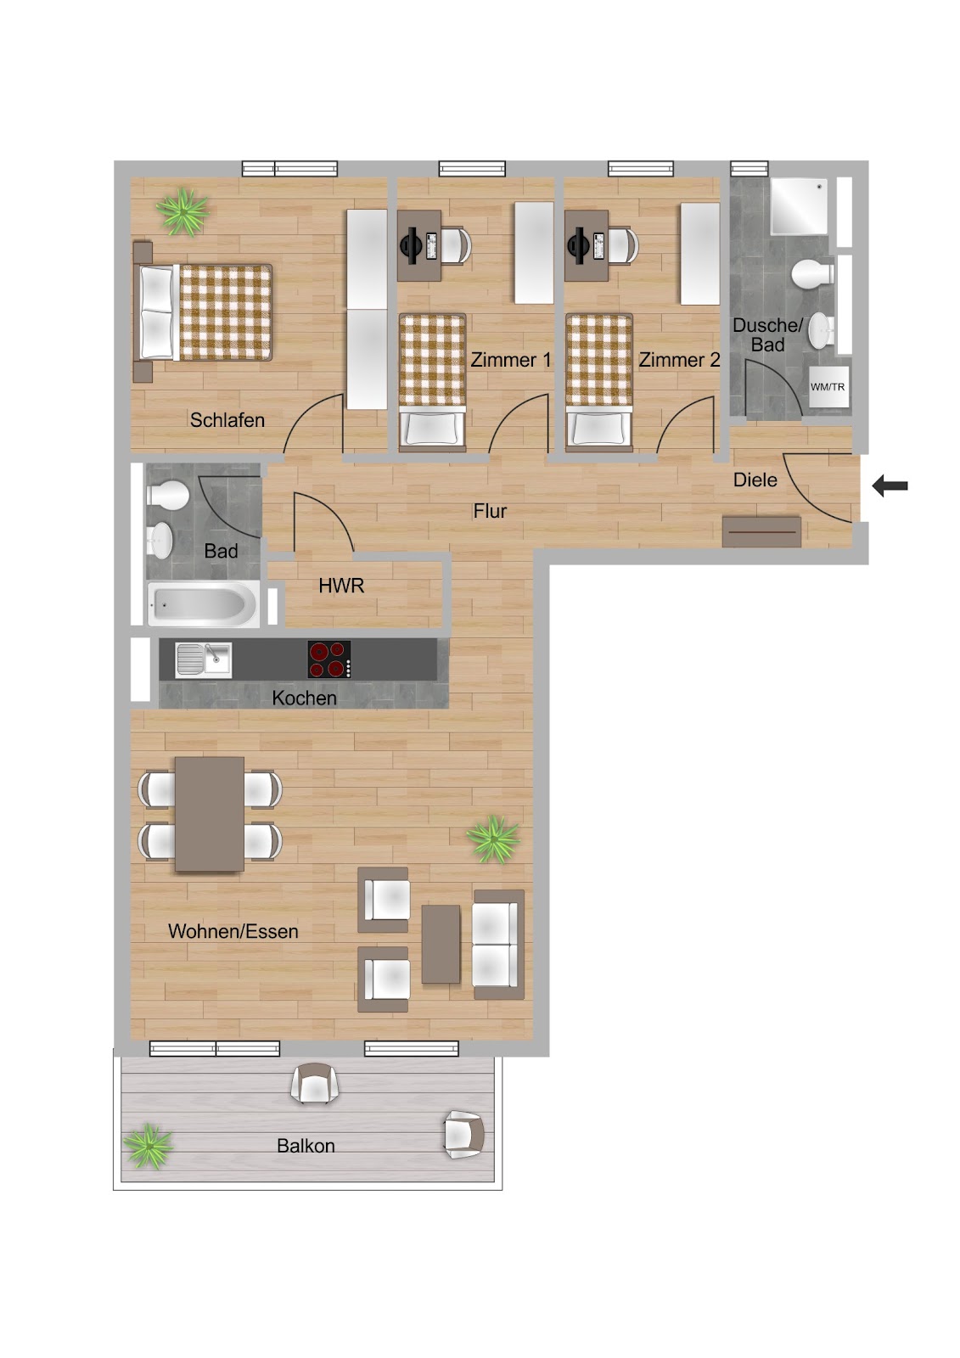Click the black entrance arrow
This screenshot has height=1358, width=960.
click(890, 485)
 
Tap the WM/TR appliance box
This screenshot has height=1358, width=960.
click(828, 387)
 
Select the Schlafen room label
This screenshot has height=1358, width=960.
click(227, 420)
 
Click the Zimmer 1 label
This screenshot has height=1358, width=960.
click(511, 360)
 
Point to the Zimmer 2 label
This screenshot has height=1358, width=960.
click(679, 360)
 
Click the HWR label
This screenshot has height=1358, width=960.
click(341, 586)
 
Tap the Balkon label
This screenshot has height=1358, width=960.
click(306, 1146)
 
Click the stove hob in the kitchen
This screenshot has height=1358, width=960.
click(329, 659)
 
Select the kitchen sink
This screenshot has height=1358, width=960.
click(203, 659)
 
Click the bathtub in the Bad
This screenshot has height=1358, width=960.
click(203, 603)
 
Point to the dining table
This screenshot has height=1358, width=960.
click(209, 814)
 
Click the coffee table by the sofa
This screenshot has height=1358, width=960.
click(441, 944)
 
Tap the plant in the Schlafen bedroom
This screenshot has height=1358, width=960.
click(182, 211)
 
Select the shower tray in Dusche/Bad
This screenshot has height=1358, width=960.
click(799, 206)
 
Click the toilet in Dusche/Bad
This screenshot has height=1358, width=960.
click(812, 273)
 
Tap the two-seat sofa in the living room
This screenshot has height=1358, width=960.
click(498, 945)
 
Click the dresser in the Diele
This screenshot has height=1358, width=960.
click(761, 531)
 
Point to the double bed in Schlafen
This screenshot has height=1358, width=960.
click(203, 312)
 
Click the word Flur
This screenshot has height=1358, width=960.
click(490, 511)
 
